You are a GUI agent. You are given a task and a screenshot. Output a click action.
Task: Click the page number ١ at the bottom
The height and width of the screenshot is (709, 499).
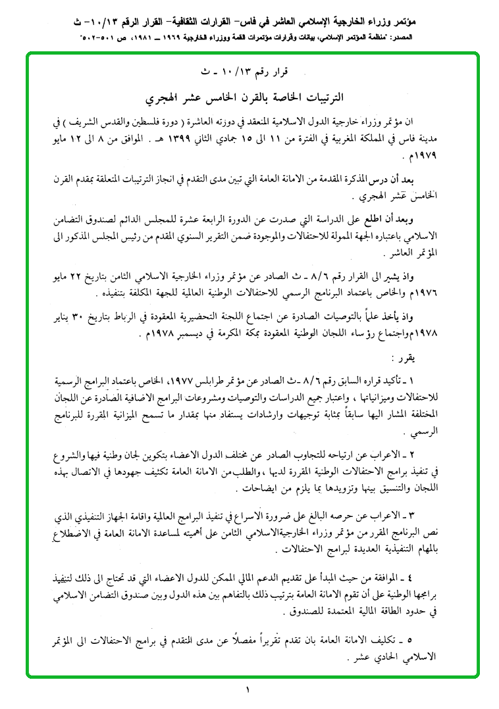coord(248,691)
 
